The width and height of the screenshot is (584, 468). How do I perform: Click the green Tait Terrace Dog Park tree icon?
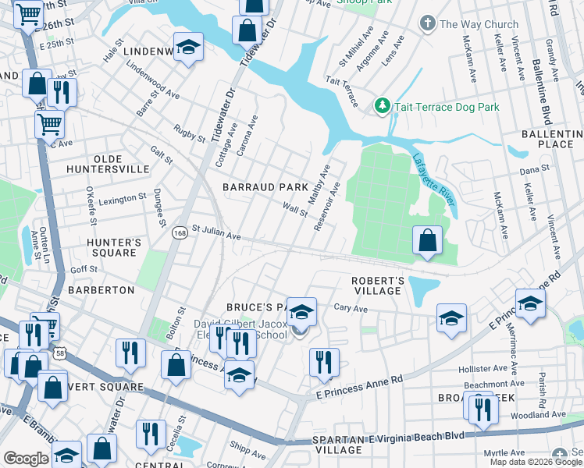click(x=382, y=105)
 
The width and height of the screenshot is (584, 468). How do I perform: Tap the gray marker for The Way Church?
click(x=427, y=24)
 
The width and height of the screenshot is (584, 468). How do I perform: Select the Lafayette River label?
click(x=434, y=179)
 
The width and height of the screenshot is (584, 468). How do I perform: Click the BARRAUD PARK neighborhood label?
click(x=265, y=187)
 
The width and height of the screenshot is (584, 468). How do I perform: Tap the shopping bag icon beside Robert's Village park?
click(x=427, y=240)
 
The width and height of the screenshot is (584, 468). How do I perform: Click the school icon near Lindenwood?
click(x=188, y=48)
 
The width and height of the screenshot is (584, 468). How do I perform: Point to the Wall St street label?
click(x=295, y=210)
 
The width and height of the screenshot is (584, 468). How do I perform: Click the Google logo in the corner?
click(x=26, y=459)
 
